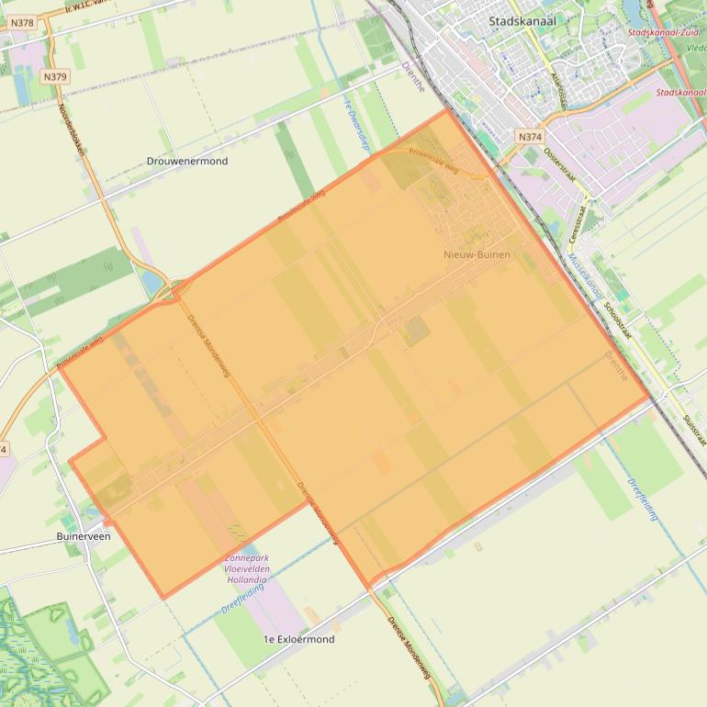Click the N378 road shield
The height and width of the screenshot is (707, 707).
pyautogui.click(x=24, y=22)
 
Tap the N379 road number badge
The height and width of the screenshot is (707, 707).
pyautogui.click(x=54, y=77)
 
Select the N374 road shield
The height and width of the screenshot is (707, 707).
pyautogui.click(x=529, y=137)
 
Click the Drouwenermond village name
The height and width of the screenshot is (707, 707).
pyautogui.click(x=187, y=161)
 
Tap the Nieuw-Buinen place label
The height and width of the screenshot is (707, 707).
pyautogui.click(x=477, y=254)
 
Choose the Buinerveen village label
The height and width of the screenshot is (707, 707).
pyautogui.click(x=84, y=536)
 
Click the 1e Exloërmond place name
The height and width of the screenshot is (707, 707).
pyautogui.click(x=298, y=639)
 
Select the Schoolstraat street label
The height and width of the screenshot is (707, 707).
pyautogui.click(x=614, y=321)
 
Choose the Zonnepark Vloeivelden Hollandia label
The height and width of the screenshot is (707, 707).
pyautogui.click(x=246, y=568)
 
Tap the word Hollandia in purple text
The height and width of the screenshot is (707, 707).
pyautogui.click(x=246, y=580)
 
